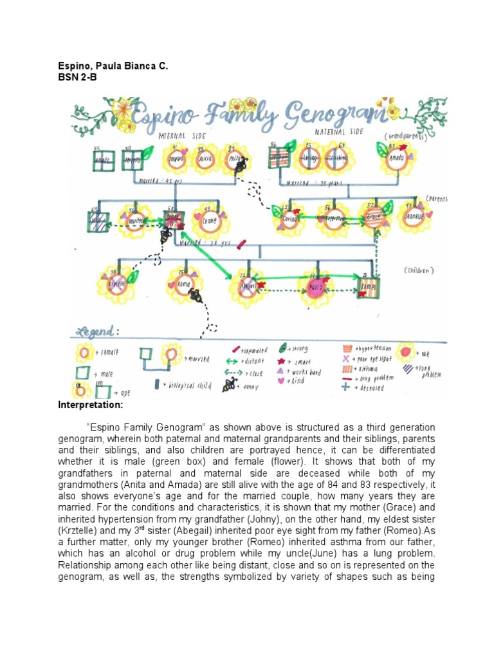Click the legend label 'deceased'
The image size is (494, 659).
point(370,388)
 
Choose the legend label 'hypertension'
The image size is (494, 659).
point(376,348)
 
